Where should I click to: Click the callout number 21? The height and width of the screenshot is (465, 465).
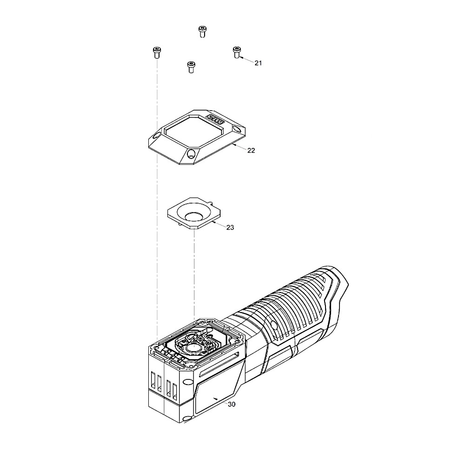pyautogui.click(x=258, y=63)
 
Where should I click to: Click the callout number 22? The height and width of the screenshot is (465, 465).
pyautogui.click(x=251, y=150)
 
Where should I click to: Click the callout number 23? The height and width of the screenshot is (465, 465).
pyautogui.click(x=230, y=227)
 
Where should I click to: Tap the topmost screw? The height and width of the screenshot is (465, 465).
pyautogui.click(x=202, y=32)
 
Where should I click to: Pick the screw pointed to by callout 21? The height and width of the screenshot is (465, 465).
pyautogui.click(x=237, y=52)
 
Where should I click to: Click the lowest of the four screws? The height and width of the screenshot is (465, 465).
pyautogui.click(x=191, y=67)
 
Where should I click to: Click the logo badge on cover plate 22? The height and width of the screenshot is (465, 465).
pyautogui.click(x=215, y=119)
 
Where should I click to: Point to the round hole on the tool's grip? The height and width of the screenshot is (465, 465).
pyautogui.click(x=274, y=326)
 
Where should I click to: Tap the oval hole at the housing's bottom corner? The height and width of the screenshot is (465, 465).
pyautogui.click(x=187, y=418)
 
